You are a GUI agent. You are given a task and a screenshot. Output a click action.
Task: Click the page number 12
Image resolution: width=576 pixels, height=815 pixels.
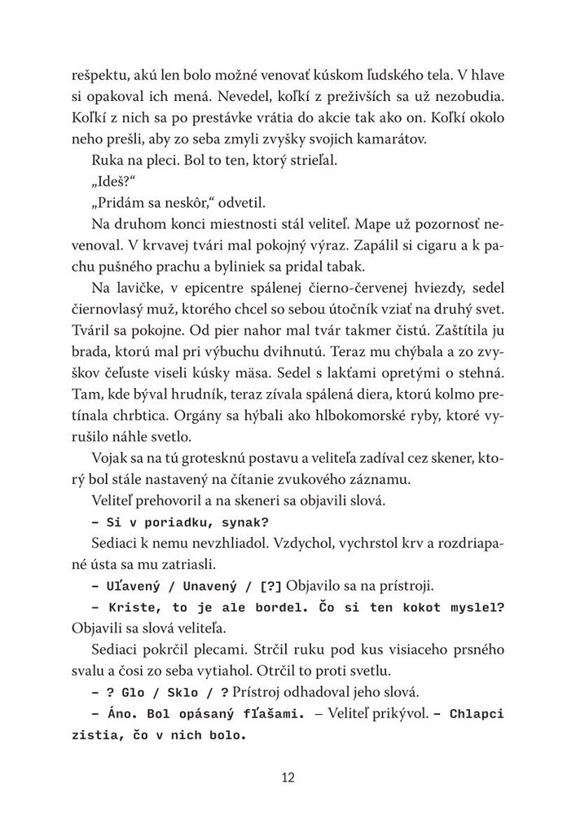(288, 776)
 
